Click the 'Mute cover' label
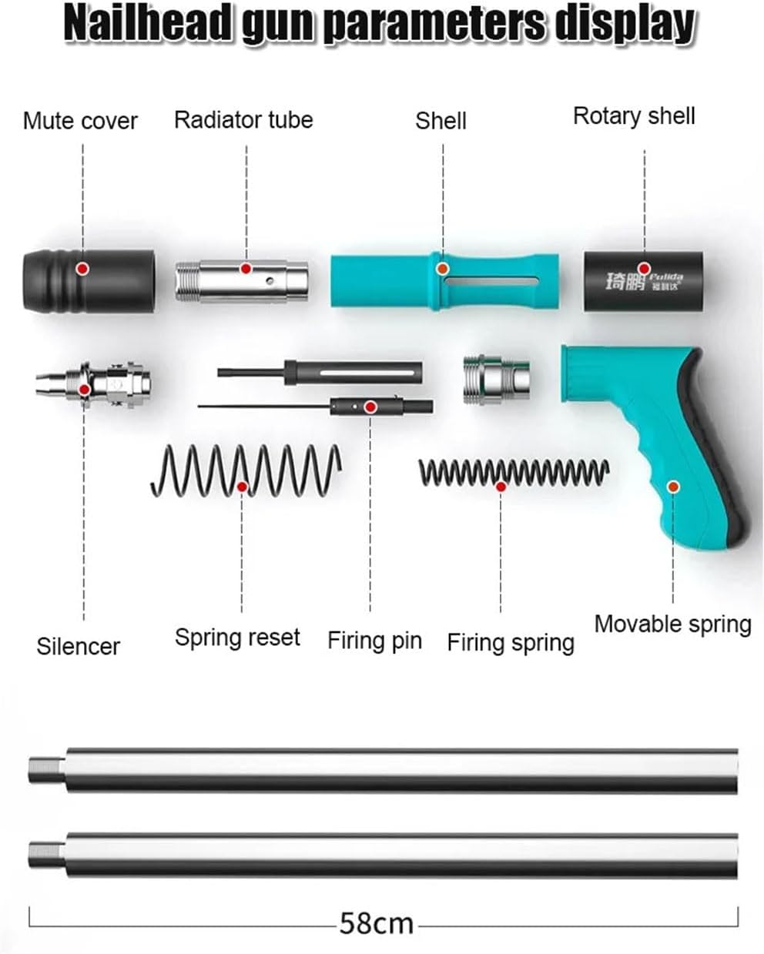(x=80, y=121)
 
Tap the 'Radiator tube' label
(x=243, y=120)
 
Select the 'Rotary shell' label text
(x=634, y=116)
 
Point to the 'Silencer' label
(x=78, y=646)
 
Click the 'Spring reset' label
(x=237, y=638)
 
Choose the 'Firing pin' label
(x=374, y=641)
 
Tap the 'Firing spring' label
(x=511, y=642)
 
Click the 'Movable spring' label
(x=672, y=624)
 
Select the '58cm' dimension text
(x=377, y=922)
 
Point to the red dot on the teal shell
(x=443, y=269)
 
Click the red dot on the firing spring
(x=501, y=487)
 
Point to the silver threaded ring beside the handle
(x=497, y=379)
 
